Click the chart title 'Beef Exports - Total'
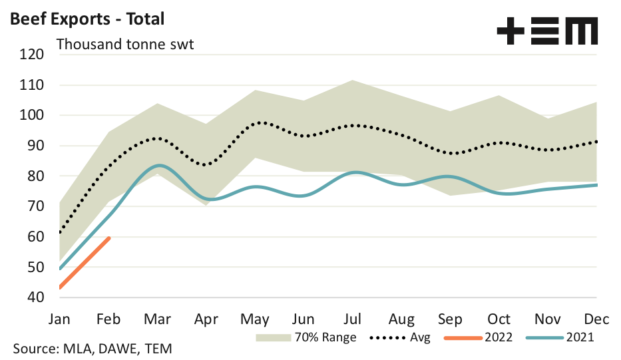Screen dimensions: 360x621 (86, 19)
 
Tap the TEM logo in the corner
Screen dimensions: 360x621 (547, 31)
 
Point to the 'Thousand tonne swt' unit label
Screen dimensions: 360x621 (124, 45)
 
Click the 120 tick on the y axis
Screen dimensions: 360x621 (32, 55)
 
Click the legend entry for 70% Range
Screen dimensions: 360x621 (306, 337)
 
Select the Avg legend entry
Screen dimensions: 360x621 (400, 337)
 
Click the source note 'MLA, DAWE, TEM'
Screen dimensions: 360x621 (93, 349)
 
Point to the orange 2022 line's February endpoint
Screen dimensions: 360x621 (109, 238)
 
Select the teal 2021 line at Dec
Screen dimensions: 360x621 (596, 185)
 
